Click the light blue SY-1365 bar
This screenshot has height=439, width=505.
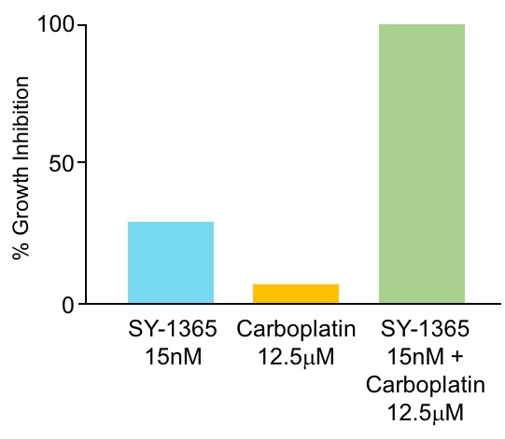point(171,262)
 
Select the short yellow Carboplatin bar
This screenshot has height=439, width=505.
point(296,294)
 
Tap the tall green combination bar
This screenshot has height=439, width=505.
point(421,163)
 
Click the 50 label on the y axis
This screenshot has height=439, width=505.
point(63,163)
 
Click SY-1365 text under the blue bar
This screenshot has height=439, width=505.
point(171,330)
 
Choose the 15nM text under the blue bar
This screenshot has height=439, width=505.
point(171,356)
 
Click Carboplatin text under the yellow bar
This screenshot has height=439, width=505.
point(295,330)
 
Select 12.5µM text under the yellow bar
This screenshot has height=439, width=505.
point(295,356)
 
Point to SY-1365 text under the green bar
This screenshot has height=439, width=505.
point(421,330)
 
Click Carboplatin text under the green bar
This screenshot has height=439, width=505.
point(421,383)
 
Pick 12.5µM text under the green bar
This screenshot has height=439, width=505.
point(421,410)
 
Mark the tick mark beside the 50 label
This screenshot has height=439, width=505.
point(81,163)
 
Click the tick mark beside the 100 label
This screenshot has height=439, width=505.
point(81,24)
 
